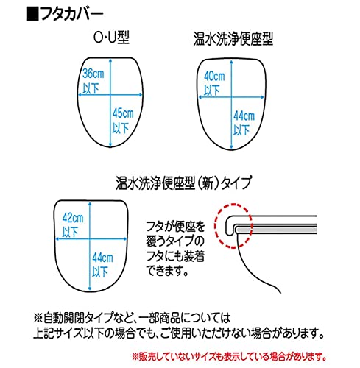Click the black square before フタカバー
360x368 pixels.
tap(32, 15)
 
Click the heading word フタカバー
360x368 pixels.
tap(71, 15)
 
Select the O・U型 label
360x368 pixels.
tap(112, 38)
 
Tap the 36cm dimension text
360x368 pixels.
tap(93, 74)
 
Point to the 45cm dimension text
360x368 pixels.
tap(123, 113)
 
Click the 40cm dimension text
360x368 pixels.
tap(214, 77)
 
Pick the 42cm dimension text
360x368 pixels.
tap(73, 218)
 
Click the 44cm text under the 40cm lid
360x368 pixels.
tap(244, 116)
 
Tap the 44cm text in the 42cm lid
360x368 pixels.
tap(103, 258)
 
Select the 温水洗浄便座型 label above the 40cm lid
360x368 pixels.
tap(233, 39)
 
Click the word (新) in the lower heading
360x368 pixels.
tap(208, 183)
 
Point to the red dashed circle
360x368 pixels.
tap(215, 226)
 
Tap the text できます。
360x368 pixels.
tap(168, 271)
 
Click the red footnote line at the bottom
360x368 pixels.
tap(229, 356)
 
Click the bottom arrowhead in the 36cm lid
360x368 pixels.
tap(110, 145)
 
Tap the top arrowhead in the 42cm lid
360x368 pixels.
tap(91, 205)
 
